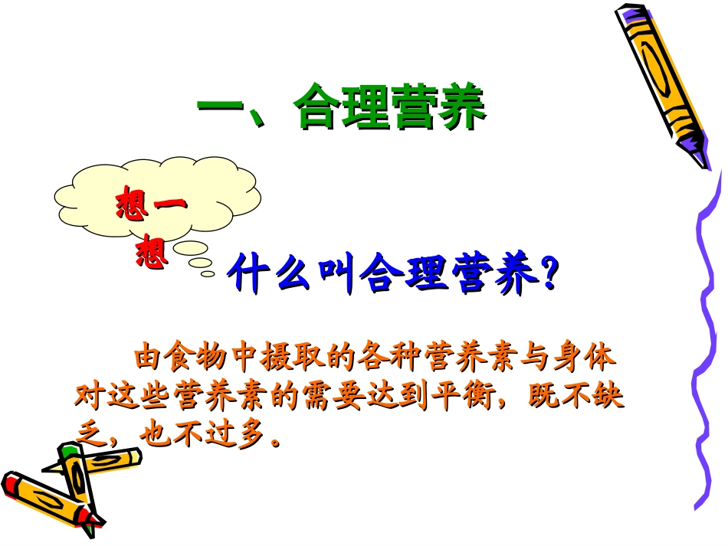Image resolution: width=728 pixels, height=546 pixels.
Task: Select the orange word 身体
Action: pyautogui.click(x=589, y=358)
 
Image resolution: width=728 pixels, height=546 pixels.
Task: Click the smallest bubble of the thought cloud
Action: pyautogui.click(x=207, y=273)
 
